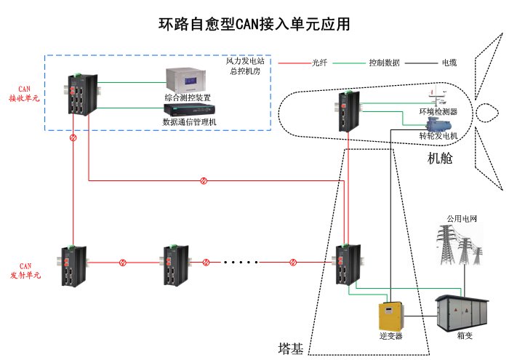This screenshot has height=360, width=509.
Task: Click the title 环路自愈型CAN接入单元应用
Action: [254, 24]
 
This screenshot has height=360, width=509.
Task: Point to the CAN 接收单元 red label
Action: [24, 94]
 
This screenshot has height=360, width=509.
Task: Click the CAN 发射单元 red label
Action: [25, 271]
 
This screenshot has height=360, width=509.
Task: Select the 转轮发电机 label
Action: [438, 136]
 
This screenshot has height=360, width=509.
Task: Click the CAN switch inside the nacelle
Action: [345, 111]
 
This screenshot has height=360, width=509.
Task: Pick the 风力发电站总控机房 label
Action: [246, 67]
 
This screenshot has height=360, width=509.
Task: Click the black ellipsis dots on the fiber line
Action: [241, 262]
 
